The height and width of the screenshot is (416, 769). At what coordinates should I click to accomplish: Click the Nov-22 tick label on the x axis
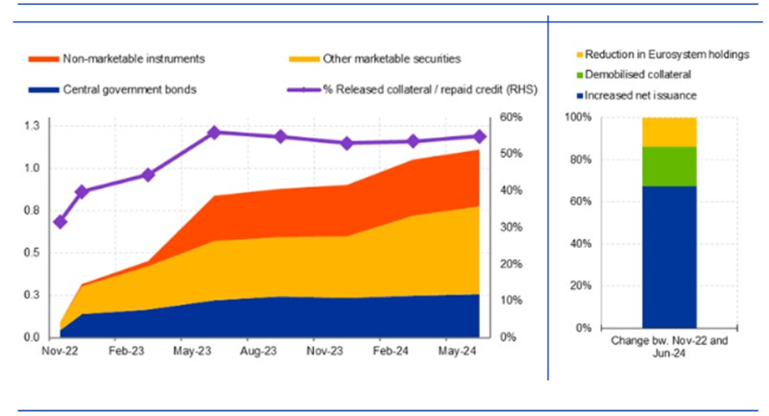coord(60,353)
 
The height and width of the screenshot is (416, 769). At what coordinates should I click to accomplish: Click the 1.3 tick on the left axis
coord(33,126)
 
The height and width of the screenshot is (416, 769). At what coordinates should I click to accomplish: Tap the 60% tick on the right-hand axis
coord(511,118)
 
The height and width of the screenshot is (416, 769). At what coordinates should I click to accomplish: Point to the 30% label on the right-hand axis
coord(511,227)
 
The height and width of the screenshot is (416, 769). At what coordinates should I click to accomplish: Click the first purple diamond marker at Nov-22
coord(60,222)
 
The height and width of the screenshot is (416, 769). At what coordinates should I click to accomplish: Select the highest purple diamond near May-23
coord(214,132)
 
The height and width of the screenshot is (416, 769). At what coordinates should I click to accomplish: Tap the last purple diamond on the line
coord(480,136)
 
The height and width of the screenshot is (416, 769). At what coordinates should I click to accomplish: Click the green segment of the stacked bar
coord(669,166)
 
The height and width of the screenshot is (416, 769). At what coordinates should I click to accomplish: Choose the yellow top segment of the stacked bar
coord(669,132)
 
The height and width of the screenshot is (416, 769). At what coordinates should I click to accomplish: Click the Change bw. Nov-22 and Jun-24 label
coord(670,348)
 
